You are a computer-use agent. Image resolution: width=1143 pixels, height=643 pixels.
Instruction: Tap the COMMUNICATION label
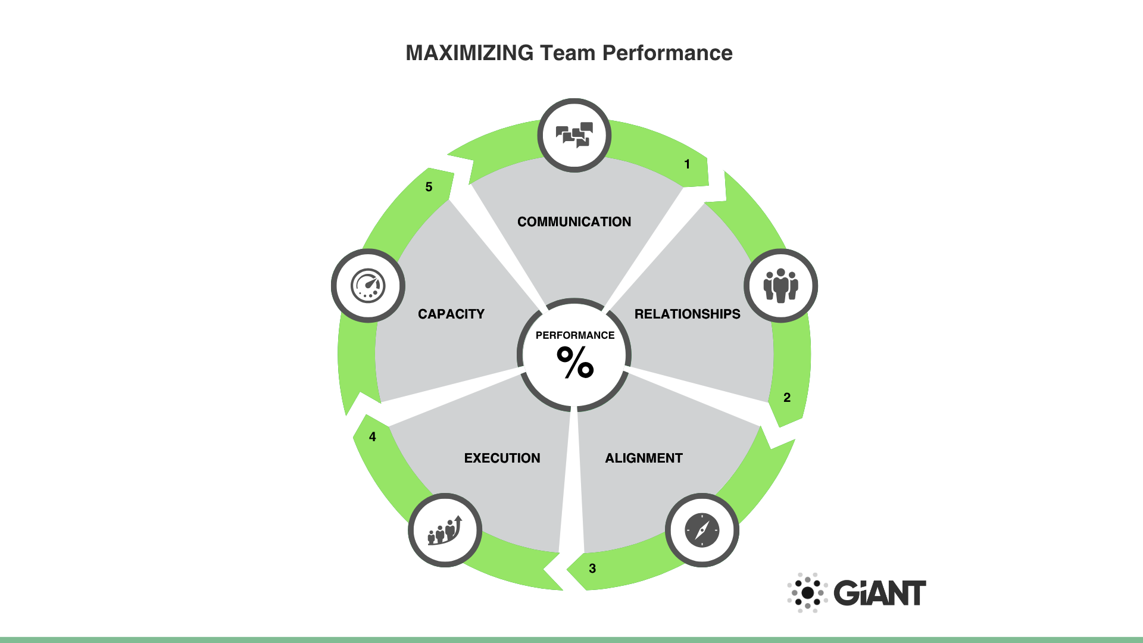click(574, 221)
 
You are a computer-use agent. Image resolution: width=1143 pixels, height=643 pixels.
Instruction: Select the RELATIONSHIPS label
click(687, 314)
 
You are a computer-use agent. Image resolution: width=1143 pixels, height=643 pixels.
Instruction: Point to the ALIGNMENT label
click(644, 458)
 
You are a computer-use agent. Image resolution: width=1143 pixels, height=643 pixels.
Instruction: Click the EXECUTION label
click(502, 458)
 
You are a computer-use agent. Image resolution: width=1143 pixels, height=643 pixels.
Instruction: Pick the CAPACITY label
click(451, 314)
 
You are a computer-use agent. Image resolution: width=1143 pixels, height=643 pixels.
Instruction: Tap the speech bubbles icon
click(574, 135)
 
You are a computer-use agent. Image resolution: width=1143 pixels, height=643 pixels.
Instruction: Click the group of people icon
click(780, 286)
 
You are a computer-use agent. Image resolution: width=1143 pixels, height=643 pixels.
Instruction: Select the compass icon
click(702, 530)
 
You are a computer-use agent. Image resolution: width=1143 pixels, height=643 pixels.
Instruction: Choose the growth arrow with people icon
click(445, 530)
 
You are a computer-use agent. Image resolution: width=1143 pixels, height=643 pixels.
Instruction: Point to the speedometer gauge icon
click(368, 286)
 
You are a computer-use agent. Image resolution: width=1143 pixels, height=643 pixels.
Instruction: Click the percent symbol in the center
click(575, 363)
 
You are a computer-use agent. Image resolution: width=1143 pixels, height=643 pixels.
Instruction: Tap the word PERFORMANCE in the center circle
click(574, 335)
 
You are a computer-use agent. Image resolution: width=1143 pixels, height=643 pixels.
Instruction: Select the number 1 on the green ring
click(687, 164)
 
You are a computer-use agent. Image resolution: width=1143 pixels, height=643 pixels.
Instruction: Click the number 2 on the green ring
click(786, 397)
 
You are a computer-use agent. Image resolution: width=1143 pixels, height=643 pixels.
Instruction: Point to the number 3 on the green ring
click(592, 569)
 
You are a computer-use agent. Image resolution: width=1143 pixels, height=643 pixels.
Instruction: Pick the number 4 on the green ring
click(372, 437)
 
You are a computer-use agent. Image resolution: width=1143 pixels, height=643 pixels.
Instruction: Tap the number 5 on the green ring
click(429, 187)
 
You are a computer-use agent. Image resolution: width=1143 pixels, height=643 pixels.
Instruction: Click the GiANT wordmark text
click(879, 593)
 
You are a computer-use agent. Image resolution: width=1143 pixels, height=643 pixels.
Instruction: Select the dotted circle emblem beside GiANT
click(807, 593)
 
